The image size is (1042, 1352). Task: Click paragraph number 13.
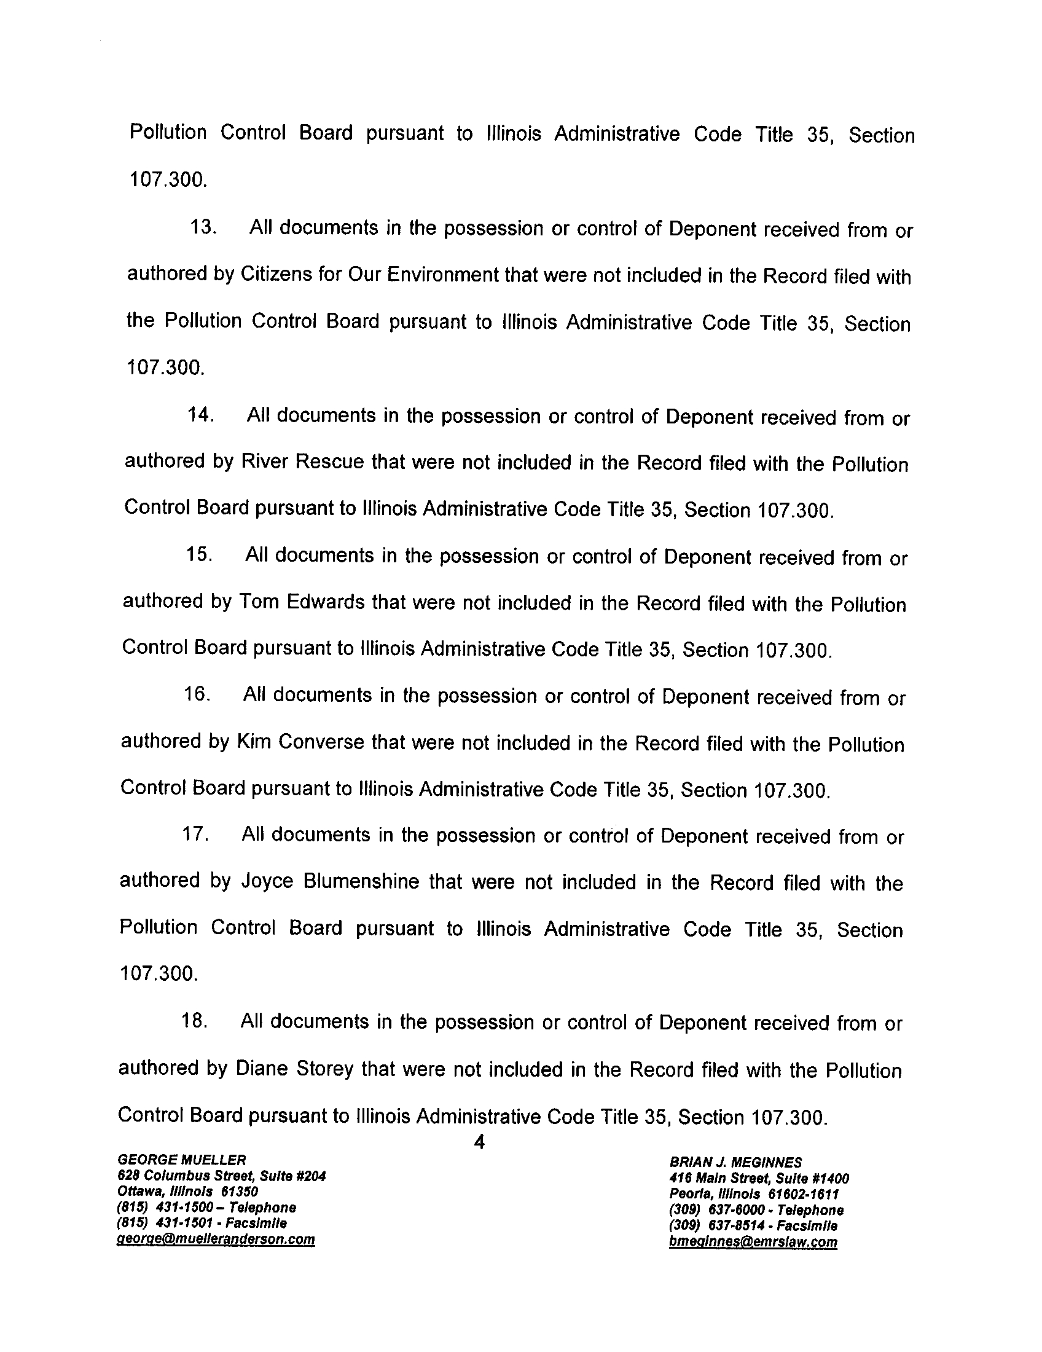pos(203,227)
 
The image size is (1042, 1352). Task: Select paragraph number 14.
pos(200,415)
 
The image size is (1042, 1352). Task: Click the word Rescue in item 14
pos(330,462)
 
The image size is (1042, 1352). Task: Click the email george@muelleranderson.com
pos(216,1240)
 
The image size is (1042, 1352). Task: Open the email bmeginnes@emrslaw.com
pos(753,1242)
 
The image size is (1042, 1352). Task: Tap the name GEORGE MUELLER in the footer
pos(182,1159)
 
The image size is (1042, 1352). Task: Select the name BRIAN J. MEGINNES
pos(735,1162)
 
